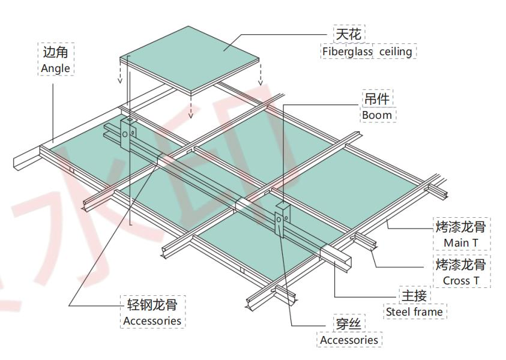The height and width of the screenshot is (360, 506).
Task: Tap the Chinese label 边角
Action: [56, 52]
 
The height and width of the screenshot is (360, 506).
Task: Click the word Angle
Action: [56, 68]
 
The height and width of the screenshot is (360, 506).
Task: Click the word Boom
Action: [377, 115]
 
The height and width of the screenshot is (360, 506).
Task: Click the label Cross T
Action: [460, 280]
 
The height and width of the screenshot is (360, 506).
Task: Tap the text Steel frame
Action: [414, 312]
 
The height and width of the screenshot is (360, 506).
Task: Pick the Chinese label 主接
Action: [414, 295]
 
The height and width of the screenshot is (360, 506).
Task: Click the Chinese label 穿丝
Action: [349, 324]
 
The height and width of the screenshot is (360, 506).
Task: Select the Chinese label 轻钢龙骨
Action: [152, 304]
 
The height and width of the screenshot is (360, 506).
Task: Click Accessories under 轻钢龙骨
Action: [152, 321]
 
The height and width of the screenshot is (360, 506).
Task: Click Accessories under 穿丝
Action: [349, 340]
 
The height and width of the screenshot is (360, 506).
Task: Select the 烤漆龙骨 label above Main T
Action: [460, 227]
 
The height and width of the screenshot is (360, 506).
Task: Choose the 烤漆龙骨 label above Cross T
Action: [460, 265]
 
